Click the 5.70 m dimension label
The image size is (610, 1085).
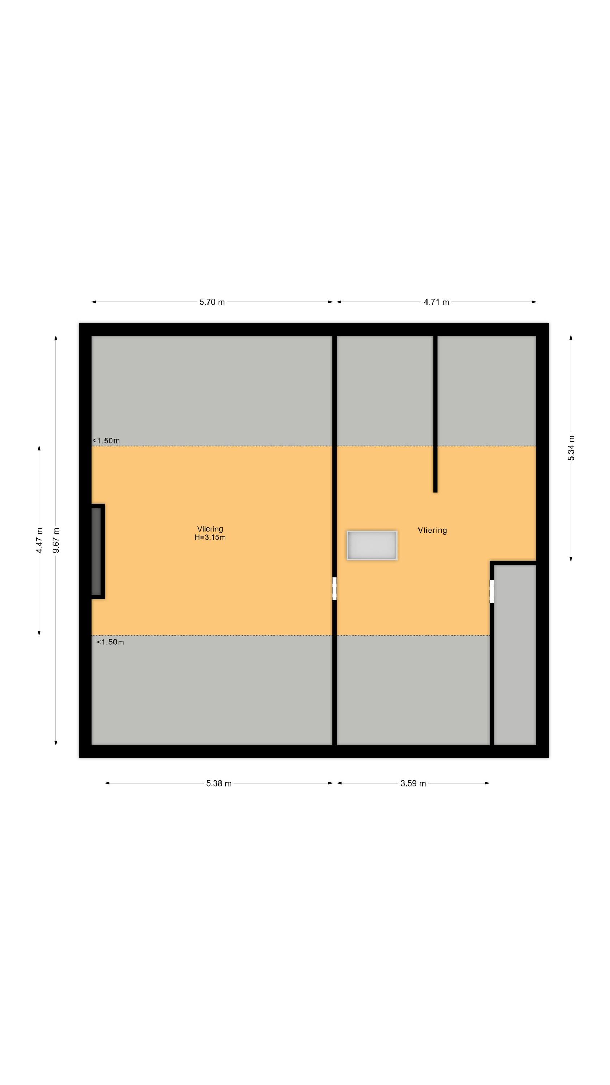[x=212, y=302]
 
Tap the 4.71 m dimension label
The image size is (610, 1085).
[x=436, y=302]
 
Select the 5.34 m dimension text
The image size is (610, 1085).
[x=571, y=448]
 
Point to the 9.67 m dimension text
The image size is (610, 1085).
[x=56, y=540]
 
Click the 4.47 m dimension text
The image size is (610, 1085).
[x=39, y=540]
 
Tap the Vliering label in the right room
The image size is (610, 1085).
[x=432, y=530]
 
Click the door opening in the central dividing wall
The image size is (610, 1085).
[x=334, y=588]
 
